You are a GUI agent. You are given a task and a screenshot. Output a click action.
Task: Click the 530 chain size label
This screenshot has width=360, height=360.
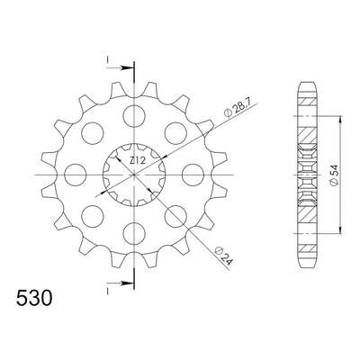[x=34, y=299]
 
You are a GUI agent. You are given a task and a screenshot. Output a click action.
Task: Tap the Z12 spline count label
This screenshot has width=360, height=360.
[x=138, y=161]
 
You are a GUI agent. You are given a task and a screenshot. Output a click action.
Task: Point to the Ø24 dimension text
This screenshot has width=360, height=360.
[x=224, y=256]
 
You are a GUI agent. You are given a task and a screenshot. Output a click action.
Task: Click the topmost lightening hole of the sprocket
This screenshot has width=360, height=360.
[x=134, y=116]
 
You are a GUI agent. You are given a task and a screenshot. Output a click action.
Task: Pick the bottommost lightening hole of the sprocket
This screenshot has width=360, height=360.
[x=134, y=233]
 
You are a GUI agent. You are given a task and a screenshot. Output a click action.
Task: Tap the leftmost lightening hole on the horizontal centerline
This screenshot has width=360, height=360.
[x=76, y=175]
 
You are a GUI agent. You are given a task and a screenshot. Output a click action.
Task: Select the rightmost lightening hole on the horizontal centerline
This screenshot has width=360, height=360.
[x=193, y=175]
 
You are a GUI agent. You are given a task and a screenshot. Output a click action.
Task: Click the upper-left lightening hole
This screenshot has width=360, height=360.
[x=93, y=133]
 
